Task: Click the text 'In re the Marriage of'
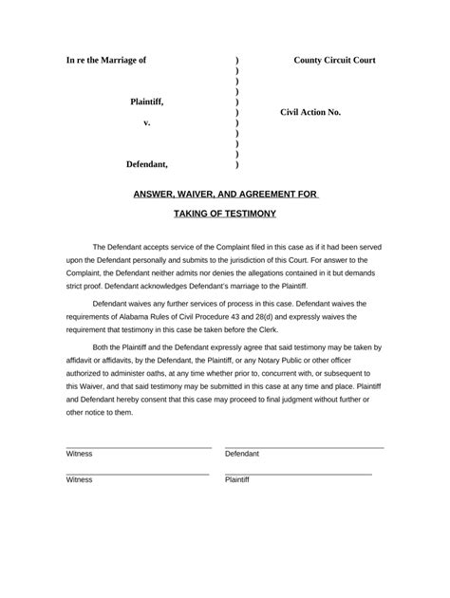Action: tap(106, 60)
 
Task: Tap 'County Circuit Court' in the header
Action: tap(334, 60)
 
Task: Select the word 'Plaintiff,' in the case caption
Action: tap(153, 101)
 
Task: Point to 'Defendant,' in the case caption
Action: tap(147, 164)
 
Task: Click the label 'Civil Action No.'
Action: tap(310, 112)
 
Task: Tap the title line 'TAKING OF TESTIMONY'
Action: tap(225, 216)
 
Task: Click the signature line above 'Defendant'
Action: tap(304, 446)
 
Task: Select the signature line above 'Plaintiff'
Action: tap(298, 473)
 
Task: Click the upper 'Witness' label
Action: tap(80, 454)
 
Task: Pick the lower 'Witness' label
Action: tap(80, 480)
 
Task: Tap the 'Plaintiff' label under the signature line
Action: tap(237, 480)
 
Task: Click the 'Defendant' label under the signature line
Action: tap(242, 454)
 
